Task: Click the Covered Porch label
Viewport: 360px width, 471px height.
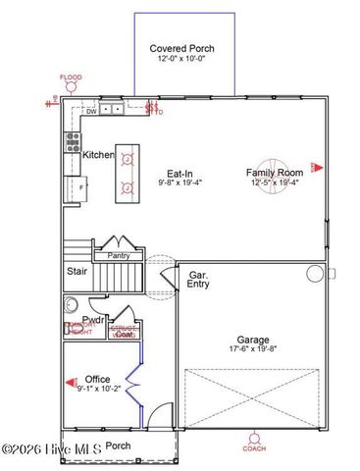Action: coord(182,48)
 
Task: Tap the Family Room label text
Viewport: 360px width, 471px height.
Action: coord(274,172)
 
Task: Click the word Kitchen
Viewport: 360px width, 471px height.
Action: coord(98,155)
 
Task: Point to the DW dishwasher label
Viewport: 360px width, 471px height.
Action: coord(90,111)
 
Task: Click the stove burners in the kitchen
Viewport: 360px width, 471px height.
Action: coord(72,140)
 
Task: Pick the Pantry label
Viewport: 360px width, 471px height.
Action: coord(119,255)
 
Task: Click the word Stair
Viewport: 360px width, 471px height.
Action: coord(77,271)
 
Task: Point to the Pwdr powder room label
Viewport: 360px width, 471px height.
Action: coord(94,320)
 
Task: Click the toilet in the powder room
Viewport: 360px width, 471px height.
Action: coord(70,303)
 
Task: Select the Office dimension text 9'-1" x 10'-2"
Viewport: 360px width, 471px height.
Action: coord(97,389)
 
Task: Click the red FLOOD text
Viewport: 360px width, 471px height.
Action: coord(71,77)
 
